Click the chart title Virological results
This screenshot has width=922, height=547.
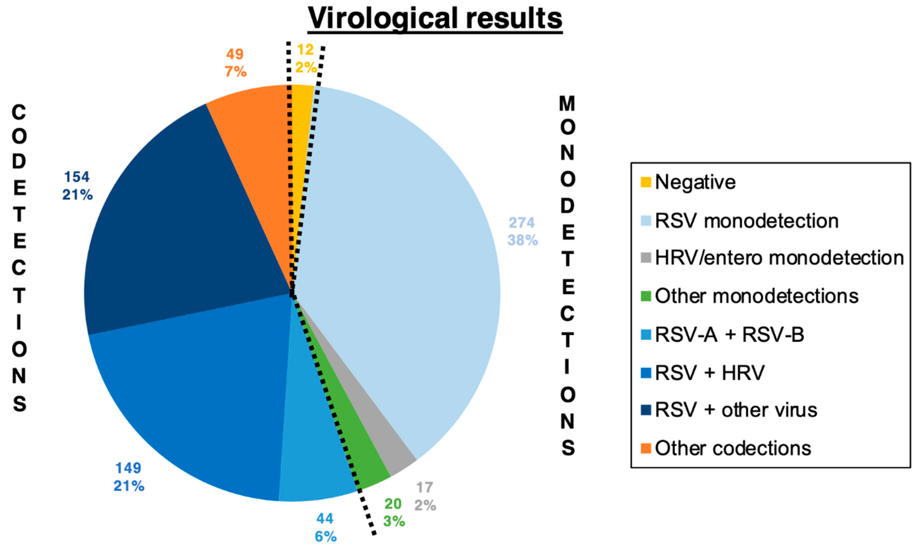click(x=435, y=18)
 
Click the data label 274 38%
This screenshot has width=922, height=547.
click(x=522, y=231)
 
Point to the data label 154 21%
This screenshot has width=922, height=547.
click(x=77, y=185)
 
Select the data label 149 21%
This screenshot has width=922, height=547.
click(x=129, y=477)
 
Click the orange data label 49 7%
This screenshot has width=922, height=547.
click(x=235, y=63)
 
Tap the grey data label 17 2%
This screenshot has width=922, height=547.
click(x=425, y=496)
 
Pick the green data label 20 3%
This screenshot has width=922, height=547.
click(x=394, y=512)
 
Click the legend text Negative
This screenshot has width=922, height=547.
click(x=695, y=182)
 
